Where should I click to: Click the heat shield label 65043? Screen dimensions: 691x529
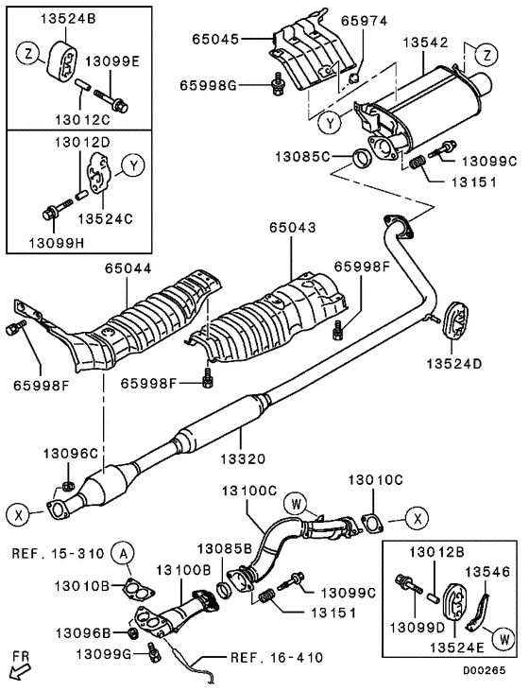click(x=292, y=229)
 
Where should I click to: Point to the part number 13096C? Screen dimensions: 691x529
click(x=66, y=454)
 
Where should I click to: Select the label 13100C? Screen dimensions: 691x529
click(x=249, y=492)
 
